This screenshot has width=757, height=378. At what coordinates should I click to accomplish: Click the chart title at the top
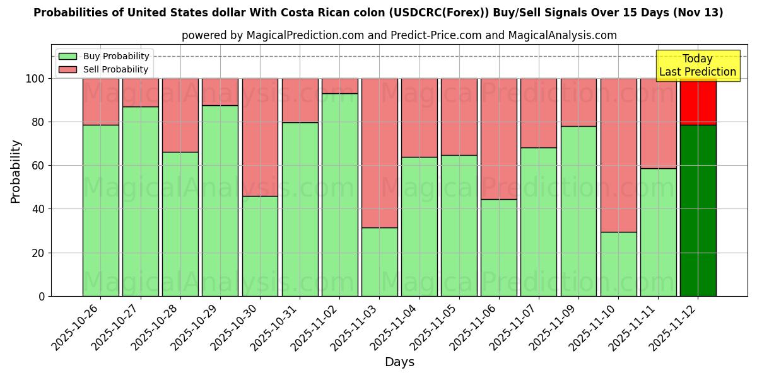coord(378,13)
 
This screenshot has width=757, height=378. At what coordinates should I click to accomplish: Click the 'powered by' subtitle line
coord(399,35)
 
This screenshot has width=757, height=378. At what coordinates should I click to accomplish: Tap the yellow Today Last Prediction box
coord(697,66)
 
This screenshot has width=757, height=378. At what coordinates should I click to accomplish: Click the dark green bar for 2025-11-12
coord(698,210)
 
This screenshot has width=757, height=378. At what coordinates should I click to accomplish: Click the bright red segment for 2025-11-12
coord(698,101)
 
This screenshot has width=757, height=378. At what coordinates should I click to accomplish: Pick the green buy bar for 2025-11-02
coord(339,195)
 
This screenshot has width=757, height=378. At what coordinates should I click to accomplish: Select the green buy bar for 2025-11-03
coord(379,261)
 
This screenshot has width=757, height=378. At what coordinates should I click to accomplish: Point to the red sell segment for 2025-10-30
coord(260,137)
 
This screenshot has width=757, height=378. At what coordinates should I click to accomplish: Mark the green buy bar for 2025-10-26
coord(100,210)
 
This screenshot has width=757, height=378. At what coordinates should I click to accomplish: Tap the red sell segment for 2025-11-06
coord(498,139)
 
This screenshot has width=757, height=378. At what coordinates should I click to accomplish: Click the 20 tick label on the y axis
coord(40,253)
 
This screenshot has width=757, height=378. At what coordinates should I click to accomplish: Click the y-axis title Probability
coord(16,171)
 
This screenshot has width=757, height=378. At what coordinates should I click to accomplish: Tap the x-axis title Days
coord(399,362)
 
